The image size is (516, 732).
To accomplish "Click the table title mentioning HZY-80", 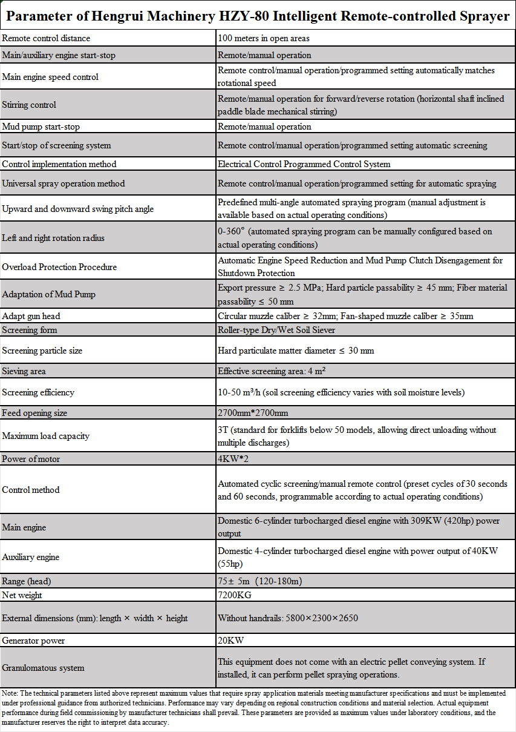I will [258, 16].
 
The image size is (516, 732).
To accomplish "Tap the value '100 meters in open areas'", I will [264, 38].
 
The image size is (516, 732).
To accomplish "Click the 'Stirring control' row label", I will [29, 105].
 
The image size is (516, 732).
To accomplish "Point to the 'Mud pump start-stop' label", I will [41, 127].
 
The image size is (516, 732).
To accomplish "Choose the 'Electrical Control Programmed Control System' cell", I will [304, 163].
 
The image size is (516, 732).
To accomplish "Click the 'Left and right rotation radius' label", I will [53, 238].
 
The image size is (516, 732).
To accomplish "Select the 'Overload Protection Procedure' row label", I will [59, 267].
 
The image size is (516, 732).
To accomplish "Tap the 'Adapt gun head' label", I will [31, 316].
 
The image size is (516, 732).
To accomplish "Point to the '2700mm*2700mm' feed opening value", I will [253, 413].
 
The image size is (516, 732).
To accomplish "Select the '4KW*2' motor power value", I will [234, 459].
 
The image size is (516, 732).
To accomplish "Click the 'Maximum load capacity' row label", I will [46, 436].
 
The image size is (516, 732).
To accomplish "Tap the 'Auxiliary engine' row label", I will [31, 557].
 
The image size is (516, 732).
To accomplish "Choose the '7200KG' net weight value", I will [235, 595].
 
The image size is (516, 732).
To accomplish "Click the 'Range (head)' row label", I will [27, 581].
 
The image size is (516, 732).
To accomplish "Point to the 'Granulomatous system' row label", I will [44, 668].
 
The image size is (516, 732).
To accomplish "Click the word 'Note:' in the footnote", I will [10, 692].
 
